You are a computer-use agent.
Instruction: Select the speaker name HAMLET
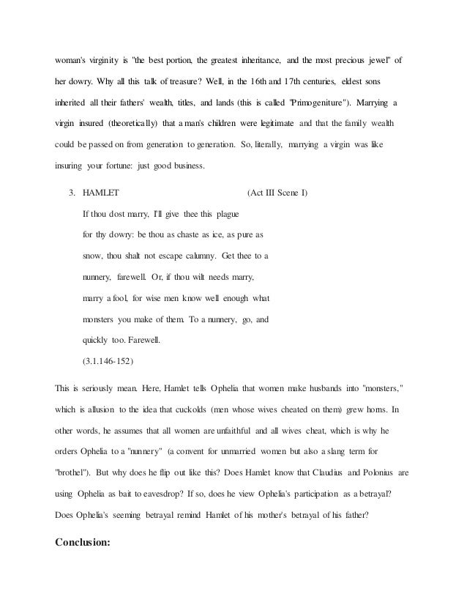click(x=102, y=193)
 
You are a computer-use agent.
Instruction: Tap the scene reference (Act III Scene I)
click(x=278, y=193)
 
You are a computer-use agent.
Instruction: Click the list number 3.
click(x=71, y=193)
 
